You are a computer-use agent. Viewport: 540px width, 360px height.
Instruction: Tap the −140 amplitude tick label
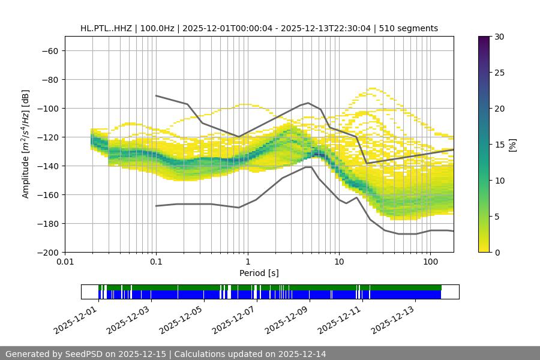47,166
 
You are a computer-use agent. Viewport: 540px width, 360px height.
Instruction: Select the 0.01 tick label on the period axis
65,262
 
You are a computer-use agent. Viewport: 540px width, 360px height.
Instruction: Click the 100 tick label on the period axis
430,262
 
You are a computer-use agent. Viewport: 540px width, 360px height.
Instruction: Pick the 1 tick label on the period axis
247,262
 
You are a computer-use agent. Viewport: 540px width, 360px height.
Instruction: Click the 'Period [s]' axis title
259,273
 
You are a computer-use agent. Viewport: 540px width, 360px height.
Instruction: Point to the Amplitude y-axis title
26,144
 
